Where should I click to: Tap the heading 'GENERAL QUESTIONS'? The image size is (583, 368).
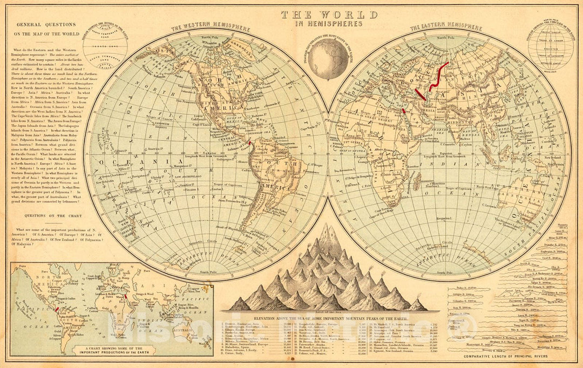(46, 25)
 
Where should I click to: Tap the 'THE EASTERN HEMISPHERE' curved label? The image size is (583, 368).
(445, 27)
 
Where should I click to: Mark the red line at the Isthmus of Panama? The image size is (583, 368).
(249, 144)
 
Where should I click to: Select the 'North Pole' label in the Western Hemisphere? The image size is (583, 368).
(211, 37)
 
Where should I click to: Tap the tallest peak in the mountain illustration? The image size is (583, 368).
(326, 229)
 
